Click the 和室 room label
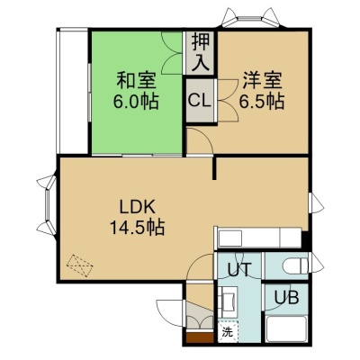click(x=136, y=81)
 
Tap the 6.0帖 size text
click(x=136, y=102)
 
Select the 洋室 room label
click(x=262, y=80)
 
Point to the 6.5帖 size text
click(x=262, y=102)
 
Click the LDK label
click(x=137, y=207)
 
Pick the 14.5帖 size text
click(x=137, y=228)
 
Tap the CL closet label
click(x=200, y=101)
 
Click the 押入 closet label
click(x=200, y=52)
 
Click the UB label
click(x=287, y=298)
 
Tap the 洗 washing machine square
click(x=228, y=332)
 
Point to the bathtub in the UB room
click(x=285, y=328)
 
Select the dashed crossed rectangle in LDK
click(x=80, y=266)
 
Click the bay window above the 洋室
click(x=251, y=19)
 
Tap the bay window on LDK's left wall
click(x=48, y=205)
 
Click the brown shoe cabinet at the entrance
click(x=200, y=337)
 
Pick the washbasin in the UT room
click(x=228, y=301)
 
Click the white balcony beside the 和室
click(x=73, y=91)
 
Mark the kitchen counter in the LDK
click(x=258, y=238)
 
